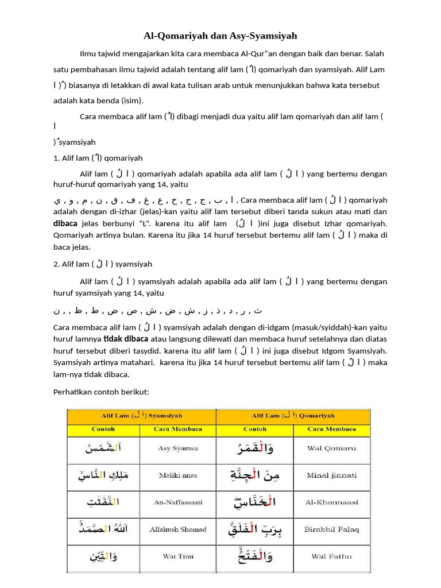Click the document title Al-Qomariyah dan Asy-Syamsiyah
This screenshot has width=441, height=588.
pyautogui.click(x=220, y=36)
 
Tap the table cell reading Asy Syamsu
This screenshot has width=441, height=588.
pyautogui.click(x=179, y=448)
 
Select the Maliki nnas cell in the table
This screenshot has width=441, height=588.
pyautogui.click(x=179, y=475)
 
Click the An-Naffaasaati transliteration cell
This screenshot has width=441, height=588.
pyautogui.click(x=179, y=502)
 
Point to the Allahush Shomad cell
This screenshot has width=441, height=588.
pyautogui.click(x=179, y=529)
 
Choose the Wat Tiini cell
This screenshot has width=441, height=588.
pyautogui.click(x=179, y=556)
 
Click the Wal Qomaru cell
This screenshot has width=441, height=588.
pyautogui.click(x=331, y=448)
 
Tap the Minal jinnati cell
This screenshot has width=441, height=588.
pyautogui.click(x=331, y=475)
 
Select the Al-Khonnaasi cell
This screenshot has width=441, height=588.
pyautogui.click(x=331, y=502)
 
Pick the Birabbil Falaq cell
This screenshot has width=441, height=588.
pyautogui.click(x=331, y=529)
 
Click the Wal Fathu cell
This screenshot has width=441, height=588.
pyautogui.click(x=331, y=556)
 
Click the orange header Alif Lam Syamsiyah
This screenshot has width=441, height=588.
pyautogui.click(x=141, y=415)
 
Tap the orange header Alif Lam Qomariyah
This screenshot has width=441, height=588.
pyautogui.click(x=293, y=415)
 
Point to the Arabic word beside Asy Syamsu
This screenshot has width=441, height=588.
pyautogui.click(x=103, y=448)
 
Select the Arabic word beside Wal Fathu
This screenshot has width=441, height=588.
pyautogui.click(x=255, y=556)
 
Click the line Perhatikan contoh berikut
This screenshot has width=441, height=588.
pyautogui.click(x=101, y=392)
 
